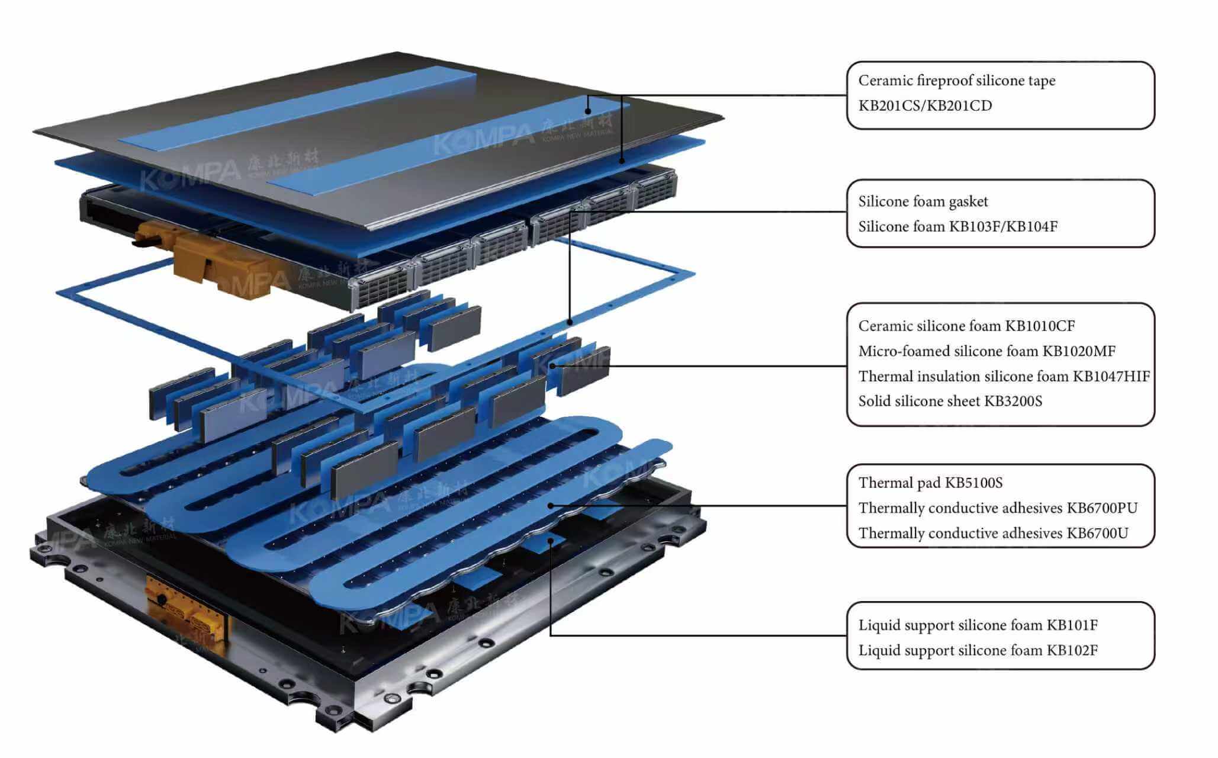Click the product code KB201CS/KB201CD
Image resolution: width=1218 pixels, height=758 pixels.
(x=925, y=106)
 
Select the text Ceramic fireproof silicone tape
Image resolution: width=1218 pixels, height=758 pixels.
(x=956, y=81)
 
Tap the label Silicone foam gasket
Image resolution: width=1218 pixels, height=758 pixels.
(x=923, y=202)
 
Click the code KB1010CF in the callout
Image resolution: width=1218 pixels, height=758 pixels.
(x=1040, y=326)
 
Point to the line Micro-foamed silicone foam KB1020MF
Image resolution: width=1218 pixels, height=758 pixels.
(x=986, y=351)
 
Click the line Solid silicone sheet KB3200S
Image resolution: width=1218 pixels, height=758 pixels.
(x=950, y=402)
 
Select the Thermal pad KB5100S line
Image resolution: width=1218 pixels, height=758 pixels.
(x=930, y=483)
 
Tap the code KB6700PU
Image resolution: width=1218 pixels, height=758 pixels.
(x=1101, y=508)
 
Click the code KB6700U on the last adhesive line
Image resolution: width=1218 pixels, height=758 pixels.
(x=1097, y=534)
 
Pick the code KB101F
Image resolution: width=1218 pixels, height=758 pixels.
(x=1072, y=625)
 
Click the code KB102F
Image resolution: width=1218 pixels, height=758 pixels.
(x=1072, y=651)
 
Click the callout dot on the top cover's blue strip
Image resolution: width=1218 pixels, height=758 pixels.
(x=588, y=111)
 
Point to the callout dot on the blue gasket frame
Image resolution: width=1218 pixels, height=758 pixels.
(x=570, y=323)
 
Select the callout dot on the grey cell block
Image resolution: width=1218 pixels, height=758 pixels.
(x=552, y=366)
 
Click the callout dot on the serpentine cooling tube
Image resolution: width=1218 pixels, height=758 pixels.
(x=551, y=505)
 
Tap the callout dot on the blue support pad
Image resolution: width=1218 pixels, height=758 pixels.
(x=551, y=540)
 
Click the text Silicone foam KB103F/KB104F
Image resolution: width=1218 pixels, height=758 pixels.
(x=957, y=227)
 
